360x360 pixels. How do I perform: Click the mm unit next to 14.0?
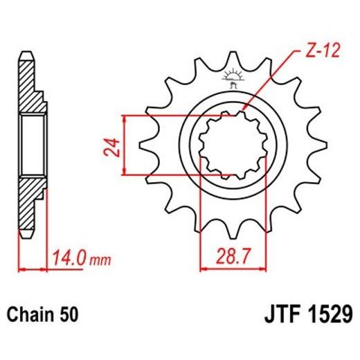(101, 262)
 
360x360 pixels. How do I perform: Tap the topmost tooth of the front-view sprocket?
(228, 60)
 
